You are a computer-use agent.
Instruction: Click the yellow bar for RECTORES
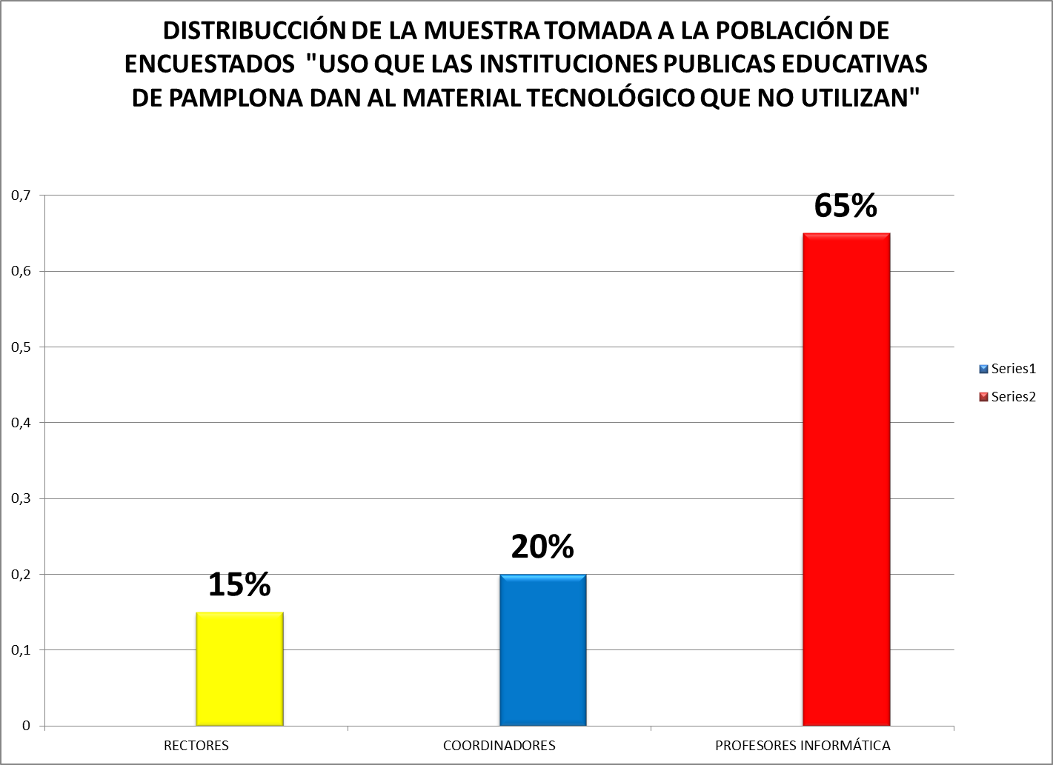pyautogui.click(x=239, y=669)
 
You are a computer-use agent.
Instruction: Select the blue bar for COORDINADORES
pyautogui.click(x=542, y=649)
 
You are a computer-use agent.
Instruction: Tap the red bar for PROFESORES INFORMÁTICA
pyautogui.click(x=846, y=479)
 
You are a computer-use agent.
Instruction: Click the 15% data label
pyautogui.click(x=239, y=584)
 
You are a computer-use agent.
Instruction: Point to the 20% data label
pyautogui.click(x=542, y=547)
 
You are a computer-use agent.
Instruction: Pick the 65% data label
pyautogui.click(x=846, y=205)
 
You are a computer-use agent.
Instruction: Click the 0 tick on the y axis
pyautogui.click(x=26, y=726)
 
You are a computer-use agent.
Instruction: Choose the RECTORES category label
pyautogui.click(x=196, y=746)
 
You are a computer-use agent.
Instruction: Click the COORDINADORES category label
pyautogui.click(x=499, y=746)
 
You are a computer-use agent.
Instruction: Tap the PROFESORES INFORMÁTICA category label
pyautogui.click(x=803, y=746)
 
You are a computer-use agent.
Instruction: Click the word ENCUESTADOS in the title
pyautogui.click(x=207, y=64)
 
